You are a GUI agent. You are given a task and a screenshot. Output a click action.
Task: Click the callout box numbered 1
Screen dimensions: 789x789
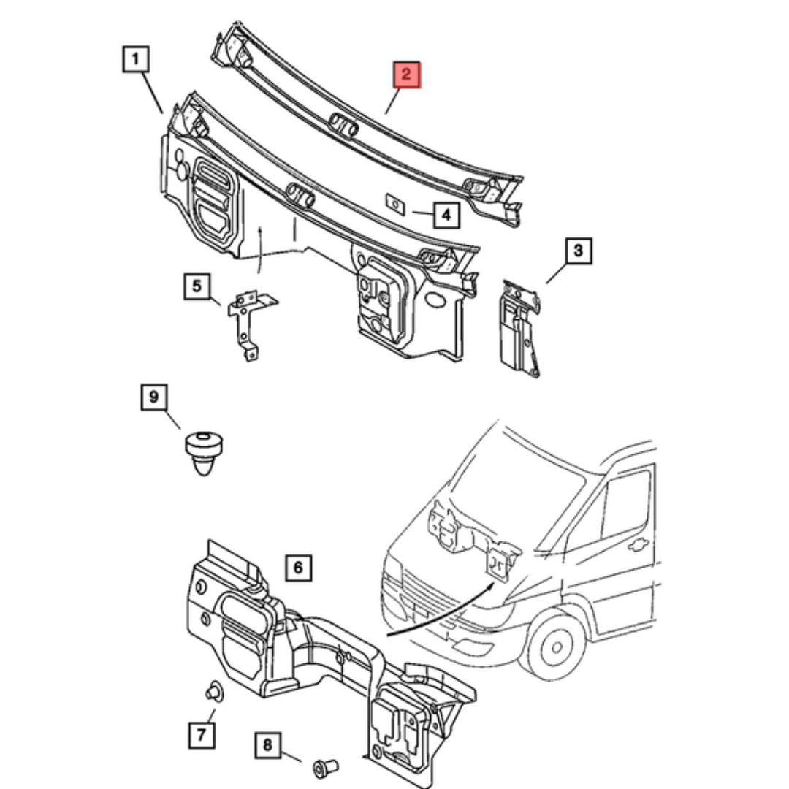137,59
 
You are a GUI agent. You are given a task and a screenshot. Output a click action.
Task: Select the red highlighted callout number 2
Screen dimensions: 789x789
407,75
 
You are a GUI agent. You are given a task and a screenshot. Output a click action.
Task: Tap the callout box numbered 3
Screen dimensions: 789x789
578,252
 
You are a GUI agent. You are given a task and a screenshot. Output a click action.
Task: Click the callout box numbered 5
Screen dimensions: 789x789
197,286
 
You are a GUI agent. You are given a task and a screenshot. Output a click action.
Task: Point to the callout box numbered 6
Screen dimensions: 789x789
298,567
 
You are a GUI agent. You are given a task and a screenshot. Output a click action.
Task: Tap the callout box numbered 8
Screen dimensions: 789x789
267,745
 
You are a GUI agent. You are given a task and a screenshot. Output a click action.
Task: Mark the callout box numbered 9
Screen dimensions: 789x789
154,397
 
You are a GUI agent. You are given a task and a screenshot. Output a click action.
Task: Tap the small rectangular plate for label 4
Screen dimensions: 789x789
395,202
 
